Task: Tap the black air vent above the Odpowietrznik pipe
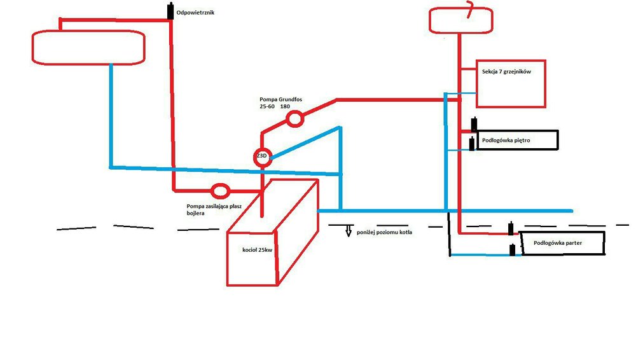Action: [170, 11]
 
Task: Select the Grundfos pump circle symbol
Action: [294, 119]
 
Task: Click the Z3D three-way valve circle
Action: [263, 157]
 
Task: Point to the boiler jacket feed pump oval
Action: [220, 190]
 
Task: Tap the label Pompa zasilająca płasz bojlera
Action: [209, 209]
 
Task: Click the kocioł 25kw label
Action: [257, 250]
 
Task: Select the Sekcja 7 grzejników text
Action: [506, 72]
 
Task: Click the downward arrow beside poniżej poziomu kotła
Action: [349, 232]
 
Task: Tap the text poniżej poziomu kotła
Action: [384, 232]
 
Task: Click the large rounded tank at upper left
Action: [90, 47]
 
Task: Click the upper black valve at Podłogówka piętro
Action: [474, 125]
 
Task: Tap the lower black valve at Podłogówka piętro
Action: [471, 144]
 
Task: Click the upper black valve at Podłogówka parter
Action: [511, 229]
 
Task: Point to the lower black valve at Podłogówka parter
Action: [512, 249]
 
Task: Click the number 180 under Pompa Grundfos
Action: [284, 106]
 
